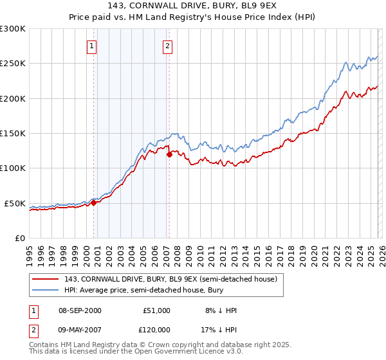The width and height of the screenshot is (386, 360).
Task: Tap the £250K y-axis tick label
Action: (13, 64)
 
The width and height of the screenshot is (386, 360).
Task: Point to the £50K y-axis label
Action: (15, 203)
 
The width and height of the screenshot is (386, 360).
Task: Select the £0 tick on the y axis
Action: (19, 238)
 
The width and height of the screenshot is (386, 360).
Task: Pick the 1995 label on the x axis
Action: (30, 251)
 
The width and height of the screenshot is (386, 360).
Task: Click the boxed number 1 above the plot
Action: (91, 46)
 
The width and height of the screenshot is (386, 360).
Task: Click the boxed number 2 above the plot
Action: (167, 46)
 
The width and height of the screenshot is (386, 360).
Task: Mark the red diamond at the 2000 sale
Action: (93, 203)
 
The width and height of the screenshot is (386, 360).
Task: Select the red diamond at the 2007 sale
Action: (169, 154)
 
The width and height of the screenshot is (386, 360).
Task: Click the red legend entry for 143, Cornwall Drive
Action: (170, 279)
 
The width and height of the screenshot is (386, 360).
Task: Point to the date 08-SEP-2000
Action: (80, 310)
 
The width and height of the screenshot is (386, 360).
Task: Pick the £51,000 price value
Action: (156, 310)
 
